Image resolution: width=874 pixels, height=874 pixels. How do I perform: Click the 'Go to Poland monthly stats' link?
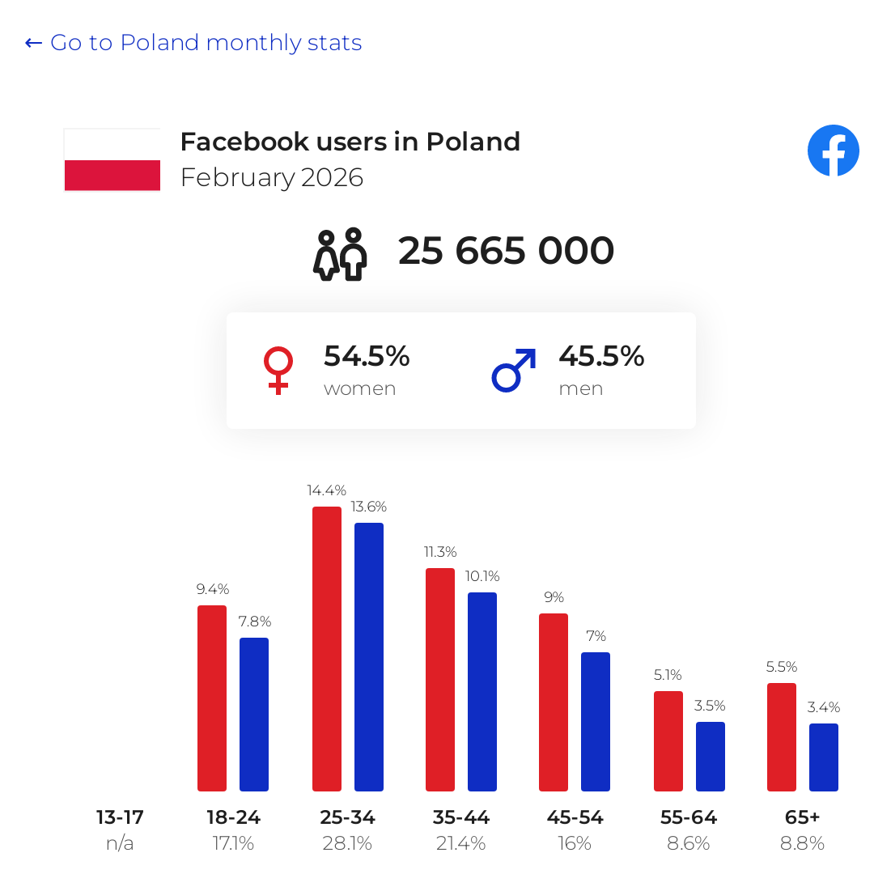click(x=193, y=43)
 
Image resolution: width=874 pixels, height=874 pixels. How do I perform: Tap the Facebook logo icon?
click(x=833, y=151)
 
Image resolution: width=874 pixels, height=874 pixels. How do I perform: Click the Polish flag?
click(x=112, y=159)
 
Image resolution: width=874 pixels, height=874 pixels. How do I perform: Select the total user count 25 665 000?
click(x=506, y=251)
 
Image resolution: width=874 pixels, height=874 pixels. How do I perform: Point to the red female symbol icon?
click(x=278, y=371)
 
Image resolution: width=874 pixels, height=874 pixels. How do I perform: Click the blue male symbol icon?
click(x=514, y=371)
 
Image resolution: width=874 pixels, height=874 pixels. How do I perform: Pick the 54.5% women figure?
click(x=367, y=356)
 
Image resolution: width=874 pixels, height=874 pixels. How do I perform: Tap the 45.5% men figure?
click(x=601, y=356)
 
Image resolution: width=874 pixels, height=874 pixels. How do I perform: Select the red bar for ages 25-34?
click(x=326, y=648)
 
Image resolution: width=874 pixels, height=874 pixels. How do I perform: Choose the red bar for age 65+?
click(x=782, y=736)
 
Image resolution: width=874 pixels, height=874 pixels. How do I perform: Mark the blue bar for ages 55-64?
click(x=711, y=756)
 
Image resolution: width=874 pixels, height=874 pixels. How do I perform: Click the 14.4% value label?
click(x=326, y=490)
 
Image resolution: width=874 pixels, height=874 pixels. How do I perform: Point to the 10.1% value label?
click(x=482, y=576)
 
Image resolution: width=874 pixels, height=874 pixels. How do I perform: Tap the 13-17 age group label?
click(x=120, y=817)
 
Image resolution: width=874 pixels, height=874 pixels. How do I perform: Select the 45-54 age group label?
click(x=575, y=817)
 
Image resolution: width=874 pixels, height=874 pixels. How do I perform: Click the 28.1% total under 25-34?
click(x=347, y=843)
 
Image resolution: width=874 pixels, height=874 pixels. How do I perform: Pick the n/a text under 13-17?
click(x=120, y=843)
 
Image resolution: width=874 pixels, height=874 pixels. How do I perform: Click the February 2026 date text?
click(x=272, y=177)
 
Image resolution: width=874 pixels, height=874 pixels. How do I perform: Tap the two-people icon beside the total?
click(x=340, y=254)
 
